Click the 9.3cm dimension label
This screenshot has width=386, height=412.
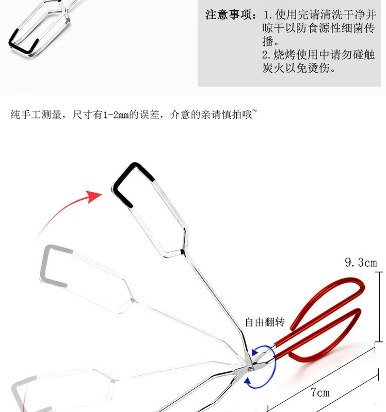pos(361,263)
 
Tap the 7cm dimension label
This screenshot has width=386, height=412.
pos(320,393)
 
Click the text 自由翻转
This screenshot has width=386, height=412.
pos(264,323)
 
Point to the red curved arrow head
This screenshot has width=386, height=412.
pos(95,196)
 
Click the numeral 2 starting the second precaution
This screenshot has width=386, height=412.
pos(265,55)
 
